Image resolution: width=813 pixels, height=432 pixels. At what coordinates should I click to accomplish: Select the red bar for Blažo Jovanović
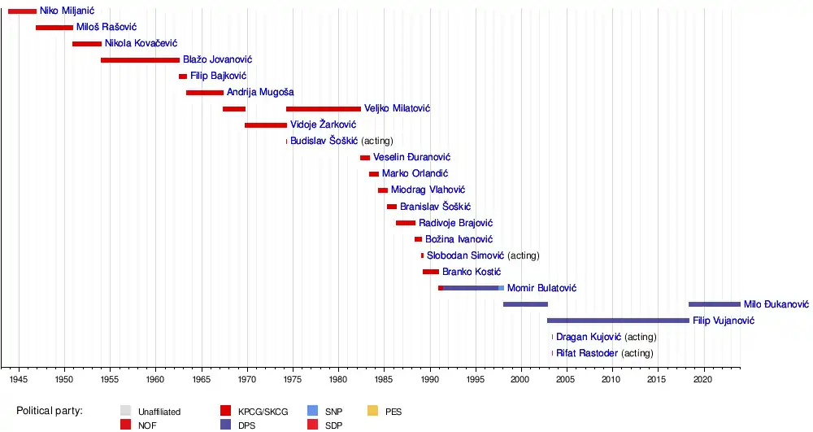(x=140, y=60)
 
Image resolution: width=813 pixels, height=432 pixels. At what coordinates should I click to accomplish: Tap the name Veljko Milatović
(x=397, y=109)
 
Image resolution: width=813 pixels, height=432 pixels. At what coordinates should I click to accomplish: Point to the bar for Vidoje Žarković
(x=266, y=125)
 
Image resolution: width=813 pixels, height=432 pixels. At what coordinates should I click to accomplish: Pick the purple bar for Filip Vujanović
(x=618, y=321)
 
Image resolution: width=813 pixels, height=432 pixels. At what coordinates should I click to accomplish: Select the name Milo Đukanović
(x=776, y=304)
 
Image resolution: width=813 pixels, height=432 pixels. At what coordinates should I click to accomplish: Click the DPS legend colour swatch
(x=226, y=424)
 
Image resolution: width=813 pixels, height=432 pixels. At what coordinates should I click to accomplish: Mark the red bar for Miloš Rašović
(x=54, y=28)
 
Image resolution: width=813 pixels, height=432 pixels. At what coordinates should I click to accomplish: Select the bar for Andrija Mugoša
(x=204, y=93)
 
